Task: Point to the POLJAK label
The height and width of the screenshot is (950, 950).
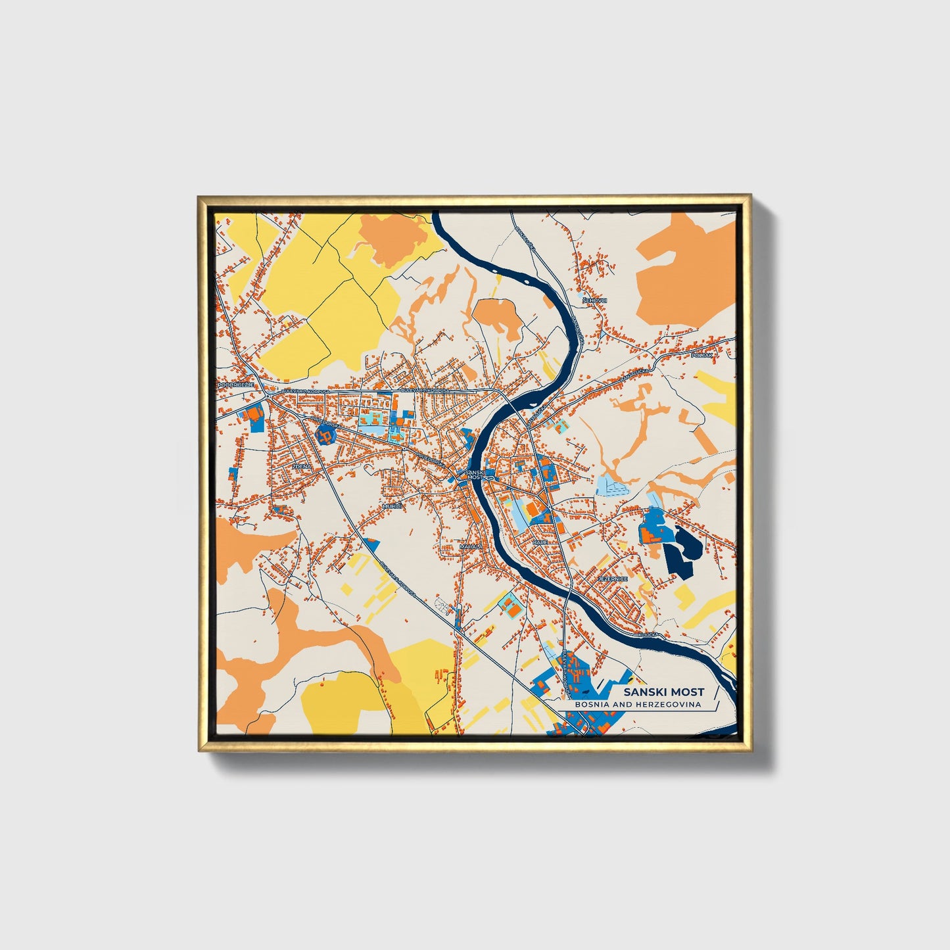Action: (701, 355)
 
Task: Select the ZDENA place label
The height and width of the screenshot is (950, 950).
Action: (300, 465)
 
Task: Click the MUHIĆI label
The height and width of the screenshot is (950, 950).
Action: (392, 506)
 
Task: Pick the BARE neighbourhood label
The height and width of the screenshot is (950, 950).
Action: (540, 542)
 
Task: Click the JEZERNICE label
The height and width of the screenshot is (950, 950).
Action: (613, 579)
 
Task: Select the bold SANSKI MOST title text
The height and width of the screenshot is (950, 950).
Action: (663, 692)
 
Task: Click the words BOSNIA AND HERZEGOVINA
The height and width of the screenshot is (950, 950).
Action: (637, 705)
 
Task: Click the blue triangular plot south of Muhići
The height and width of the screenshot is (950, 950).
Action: (372, 544)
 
